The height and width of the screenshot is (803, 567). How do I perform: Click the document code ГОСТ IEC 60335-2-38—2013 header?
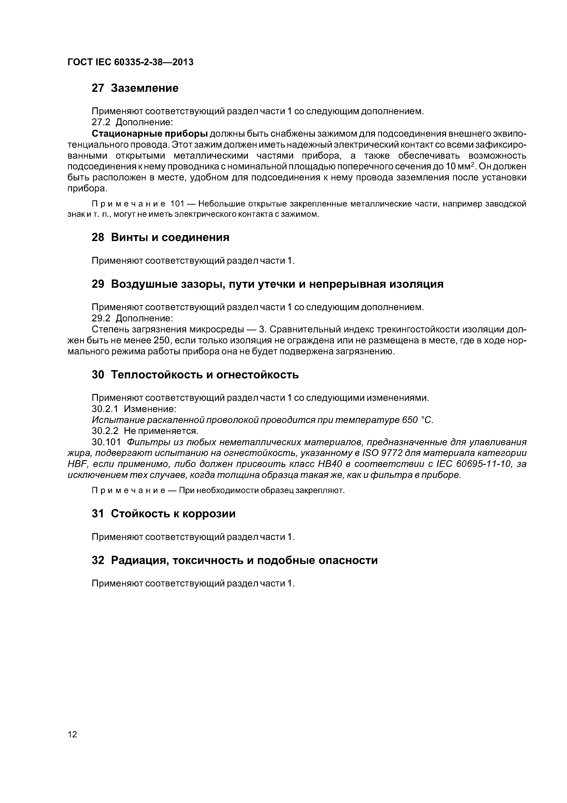130,62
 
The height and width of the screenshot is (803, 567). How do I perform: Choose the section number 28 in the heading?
98,237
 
